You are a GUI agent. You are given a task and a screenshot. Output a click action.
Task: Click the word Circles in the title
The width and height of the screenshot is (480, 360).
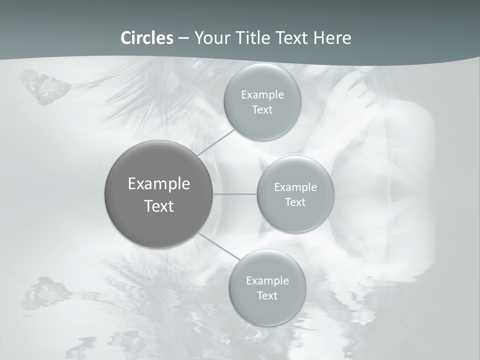coord(146,37)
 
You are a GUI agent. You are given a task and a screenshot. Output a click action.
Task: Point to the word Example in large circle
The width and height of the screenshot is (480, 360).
coord(158,184)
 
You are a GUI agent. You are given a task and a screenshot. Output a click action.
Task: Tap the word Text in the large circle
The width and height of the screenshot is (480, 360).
coord(158,206)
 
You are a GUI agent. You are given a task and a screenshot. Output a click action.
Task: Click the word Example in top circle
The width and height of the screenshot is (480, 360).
coord(262,95)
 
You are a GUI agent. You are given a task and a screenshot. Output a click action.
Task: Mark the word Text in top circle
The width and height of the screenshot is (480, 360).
coord(262,110)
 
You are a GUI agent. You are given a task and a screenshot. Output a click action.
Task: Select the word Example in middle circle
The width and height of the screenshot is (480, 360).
coord(295,187)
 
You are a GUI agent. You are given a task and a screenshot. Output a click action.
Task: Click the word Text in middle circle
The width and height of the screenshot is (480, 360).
coord(295,202)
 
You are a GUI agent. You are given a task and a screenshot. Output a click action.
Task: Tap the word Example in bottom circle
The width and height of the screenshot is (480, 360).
coord(267,281)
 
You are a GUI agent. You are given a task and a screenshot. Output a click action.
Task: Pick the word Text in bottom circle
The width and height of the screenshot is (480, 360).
coord(267,296)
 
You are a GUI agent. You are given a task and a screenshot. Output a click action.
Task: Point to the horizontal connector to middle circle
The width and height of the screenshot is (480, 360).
coord(235,194)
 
